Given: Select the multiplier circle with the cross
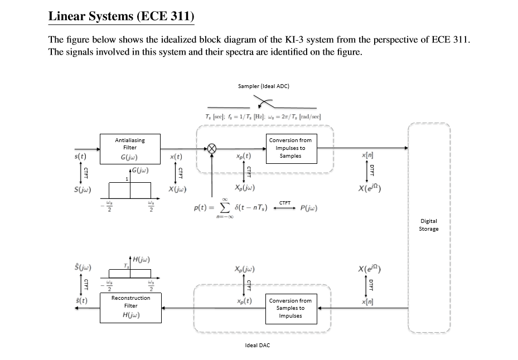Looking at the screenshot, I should [x=212, y=148].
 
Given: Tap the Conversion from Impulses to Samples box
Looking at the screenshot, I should [x=290, y=148].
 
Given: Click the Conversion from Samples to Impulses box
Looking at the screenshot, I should [x=290, y=308].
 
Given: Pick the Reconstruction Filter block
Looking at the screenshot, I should [x=130, y=306].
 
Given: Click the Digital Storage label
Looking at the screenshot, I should [x=429, y=225].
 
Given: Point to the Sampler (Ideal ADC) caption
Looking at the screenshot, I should [x=263, y=86].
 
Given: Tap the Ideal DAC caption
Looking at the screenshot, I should [x=257, y=346].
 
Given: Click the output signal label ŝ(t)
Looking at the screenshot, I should [x=81, y=301].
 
